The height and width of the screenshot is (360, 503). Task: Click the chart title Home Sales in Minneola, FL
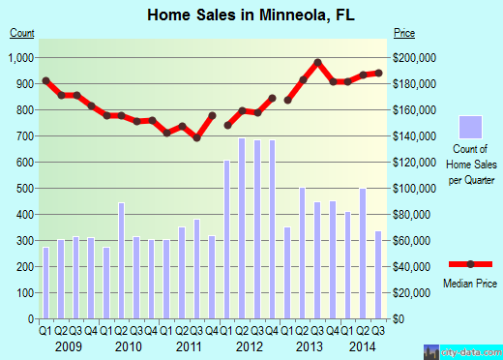tap(251, 15)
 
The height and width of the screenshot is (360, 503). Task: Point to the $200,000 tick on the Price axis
tap(418, 58)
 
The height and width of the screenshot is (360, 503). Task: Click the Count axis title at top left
tap(22, 34)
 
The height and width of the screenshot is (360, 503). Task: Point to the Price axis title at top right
tap(404, 34)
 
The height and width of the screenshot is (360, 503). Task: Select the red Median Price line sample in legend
tap(471, 264)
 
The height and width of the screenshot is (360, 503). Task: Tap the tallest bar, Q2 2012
tap(242, 228)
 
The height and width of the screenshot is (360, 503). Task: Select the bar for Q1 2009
tap(45, 283)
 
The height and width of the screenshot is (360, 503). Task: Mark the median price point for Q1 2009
tap(45, 80)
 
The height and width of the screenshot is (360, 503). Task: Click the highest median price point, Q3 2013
tap(317, 63)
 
